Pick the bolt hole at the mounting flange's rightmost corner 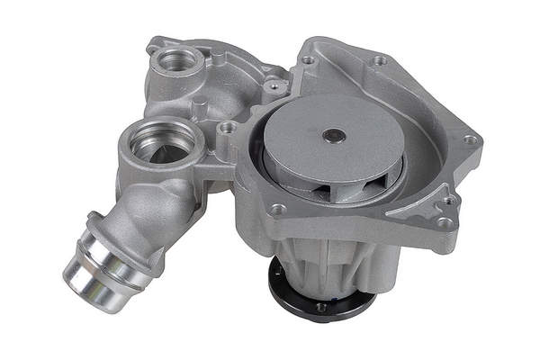pyautogui.click(x=469, y=140)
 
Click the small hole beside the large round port pyautogui.click(x=226, y=128)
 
